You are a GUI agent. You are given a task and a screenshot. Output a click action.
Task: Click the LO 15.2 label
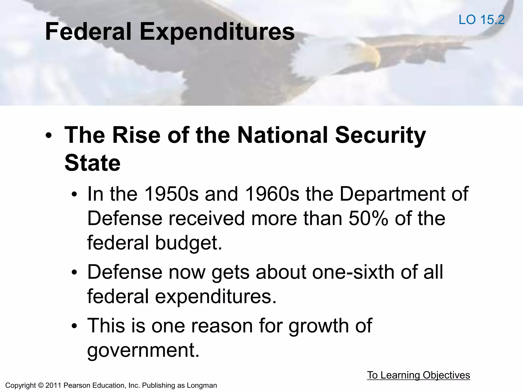(x=481, y=20)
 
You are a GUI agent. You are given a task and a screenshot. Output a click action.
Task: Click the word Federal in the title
(x=88, y=32)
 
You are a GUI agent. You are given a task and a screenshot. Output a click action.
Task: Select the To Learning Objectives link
(x=418, y=375)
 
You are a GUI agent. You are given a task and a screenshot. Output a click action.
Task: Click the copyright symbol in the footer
(x=41, y=385)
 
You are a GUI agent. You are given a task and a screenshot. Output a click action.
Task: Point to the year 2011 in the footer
(x=53, y=385)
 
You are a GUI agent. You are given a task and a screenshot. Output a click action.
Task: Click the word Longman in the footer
(x=202, y=385)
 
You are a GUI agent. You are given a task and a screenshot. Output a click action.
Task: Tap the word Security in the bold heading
(x=380, y=135)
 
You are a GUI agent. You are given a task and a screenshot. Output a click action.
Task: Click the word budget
(x=188, y=243)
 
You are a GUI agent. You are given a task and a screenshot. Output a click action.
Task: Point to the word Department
(x=391, y=194)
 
